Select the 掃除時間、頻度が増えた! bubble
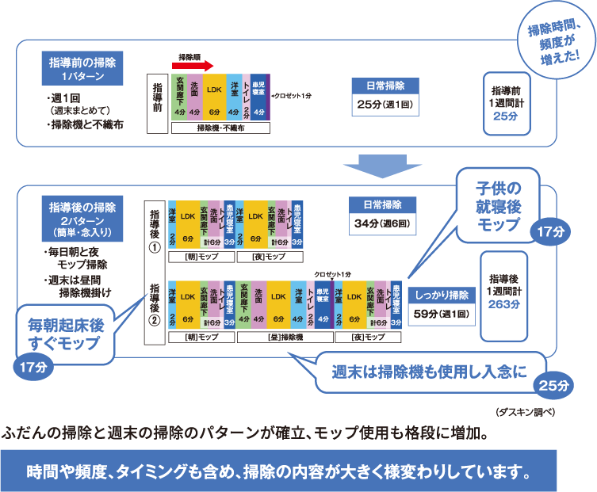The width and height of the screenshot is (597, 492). [555, 44]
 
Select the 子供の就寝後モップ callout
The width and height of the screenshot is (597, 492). [497, 204]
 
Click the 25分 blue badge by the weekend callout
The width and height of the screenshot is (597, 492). [554, 386]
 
